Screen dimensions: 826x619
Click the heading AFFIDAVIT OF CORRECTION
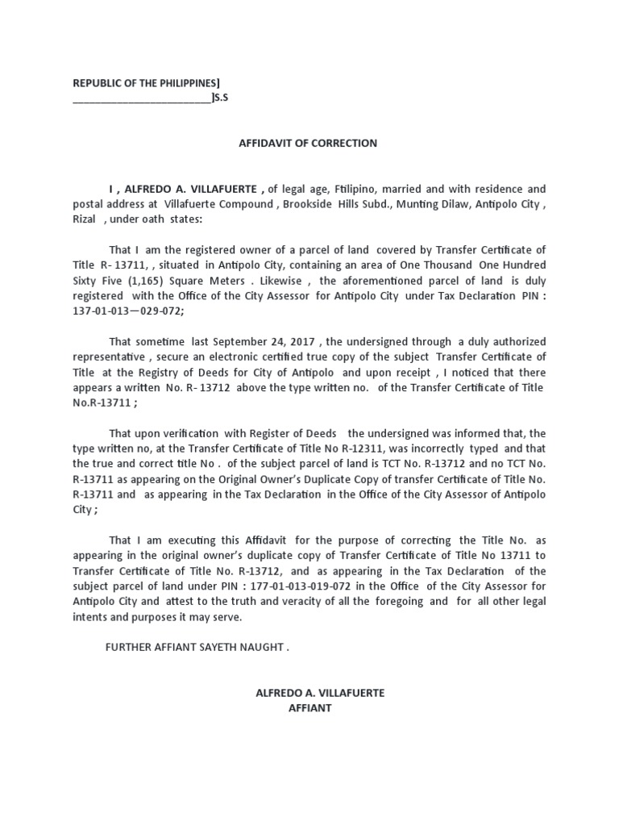(308, 144)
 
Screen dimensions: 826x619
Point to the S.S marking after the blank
(221, 98)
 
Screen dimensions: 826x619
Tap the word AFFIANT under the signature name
(309, 708)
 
